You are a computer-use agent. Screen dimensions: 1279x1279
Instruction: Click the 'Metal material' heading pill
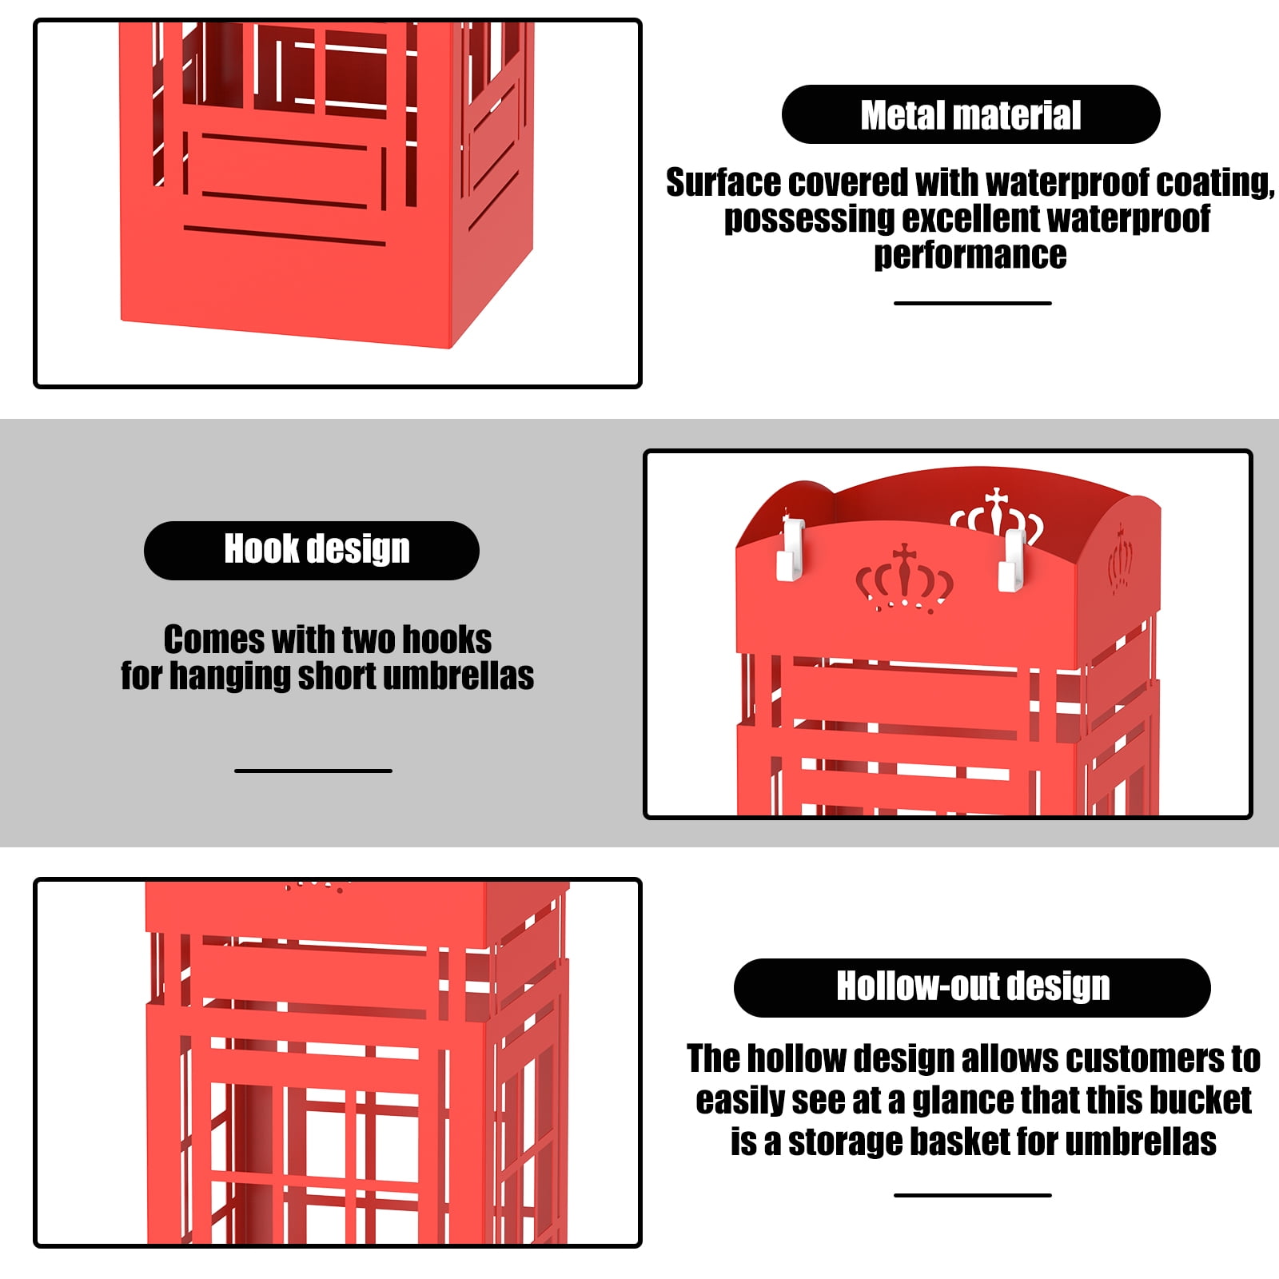970,114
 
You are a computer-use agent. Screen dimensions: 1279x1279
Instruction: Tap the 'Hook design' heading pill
312,551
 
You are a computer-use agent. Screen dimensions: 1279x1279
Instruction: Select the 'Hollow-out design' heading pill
972,988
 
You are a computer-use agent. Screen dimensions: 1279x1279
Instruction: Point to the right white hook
1011,560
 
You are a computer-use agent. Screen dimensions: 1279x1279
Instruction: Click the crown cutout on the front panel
904,577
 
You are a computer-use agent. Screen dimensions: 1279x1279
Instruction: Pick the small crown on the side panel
1121,559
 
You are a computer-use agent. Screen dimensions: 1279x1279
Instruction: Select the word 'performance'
970,256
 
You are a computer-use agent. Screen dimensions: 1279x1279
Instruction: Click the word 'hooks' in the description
446,639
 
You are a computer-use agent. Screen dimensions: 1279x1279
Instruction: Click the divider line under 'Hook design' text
313,771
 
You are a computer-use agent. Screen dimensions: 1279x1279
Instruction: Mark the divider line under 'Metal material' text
973,303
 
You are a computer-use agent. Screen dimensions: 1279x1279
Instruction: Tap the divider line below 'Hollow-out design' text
973,1195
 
